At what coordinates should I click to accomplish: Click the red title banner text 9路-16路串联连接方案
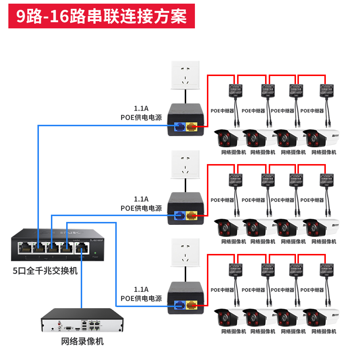coord(101,16)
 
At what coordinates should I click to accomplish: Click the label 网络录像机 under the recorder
coord(83,341)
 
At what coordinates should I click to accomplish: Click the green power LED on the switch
coord(95,252)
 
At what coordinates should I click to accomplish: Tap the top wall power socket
coord(185,75)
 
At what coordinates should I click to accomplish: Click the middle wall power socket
coord(185,165)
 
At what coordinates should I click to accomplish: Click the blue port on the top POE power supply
coord(180,127)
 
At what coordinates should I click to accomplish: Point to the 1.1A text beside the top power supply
coord(141,109)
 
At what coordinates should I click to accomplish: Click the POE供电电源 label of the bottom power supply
coord(141,298)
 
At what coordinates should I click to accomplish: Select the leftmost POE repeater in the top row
coord(235,91)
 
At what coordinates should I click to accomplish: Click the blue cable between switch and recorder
coord(81,284)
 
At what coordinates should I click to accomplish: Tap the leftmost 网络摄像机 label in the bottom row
coord(233,331)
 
